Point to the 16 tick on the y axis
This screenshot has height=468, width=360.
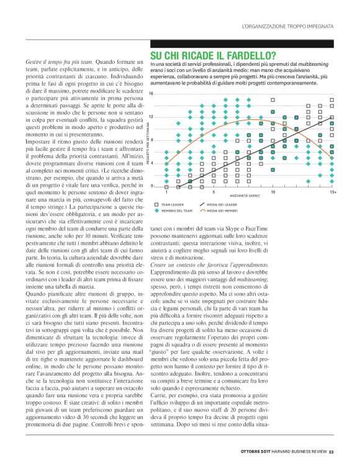(x=151, y=93)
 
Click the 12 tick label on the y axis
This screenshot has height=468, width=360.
(x=151, y=117)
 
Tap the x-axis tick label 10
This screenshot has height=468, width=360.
(x=273, y=192)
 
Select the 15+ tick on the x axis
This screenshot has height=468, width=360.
(x=333, y=192)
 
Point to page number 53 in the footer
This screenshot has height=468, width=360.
(x=332, y=451)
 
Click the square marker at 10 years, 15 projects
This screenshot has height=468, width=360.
(x=273, y=99)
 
